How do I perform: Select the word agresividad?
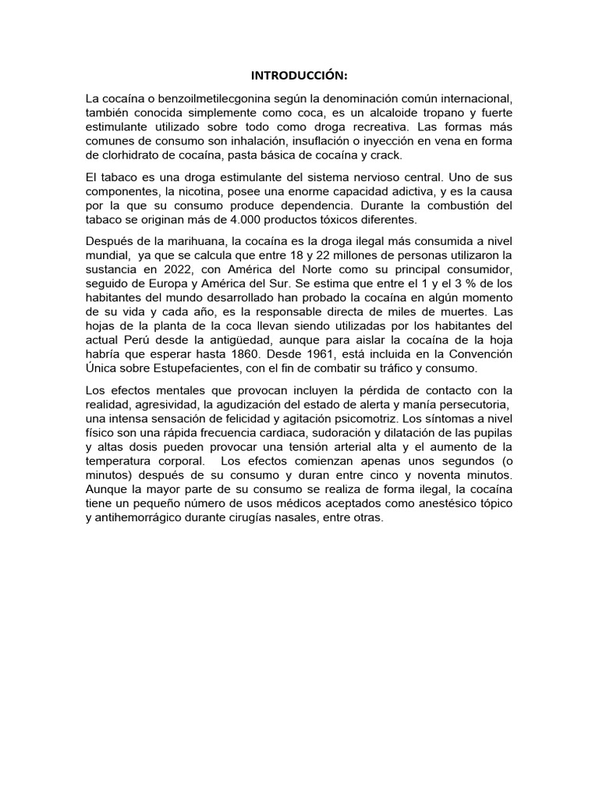172,404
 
